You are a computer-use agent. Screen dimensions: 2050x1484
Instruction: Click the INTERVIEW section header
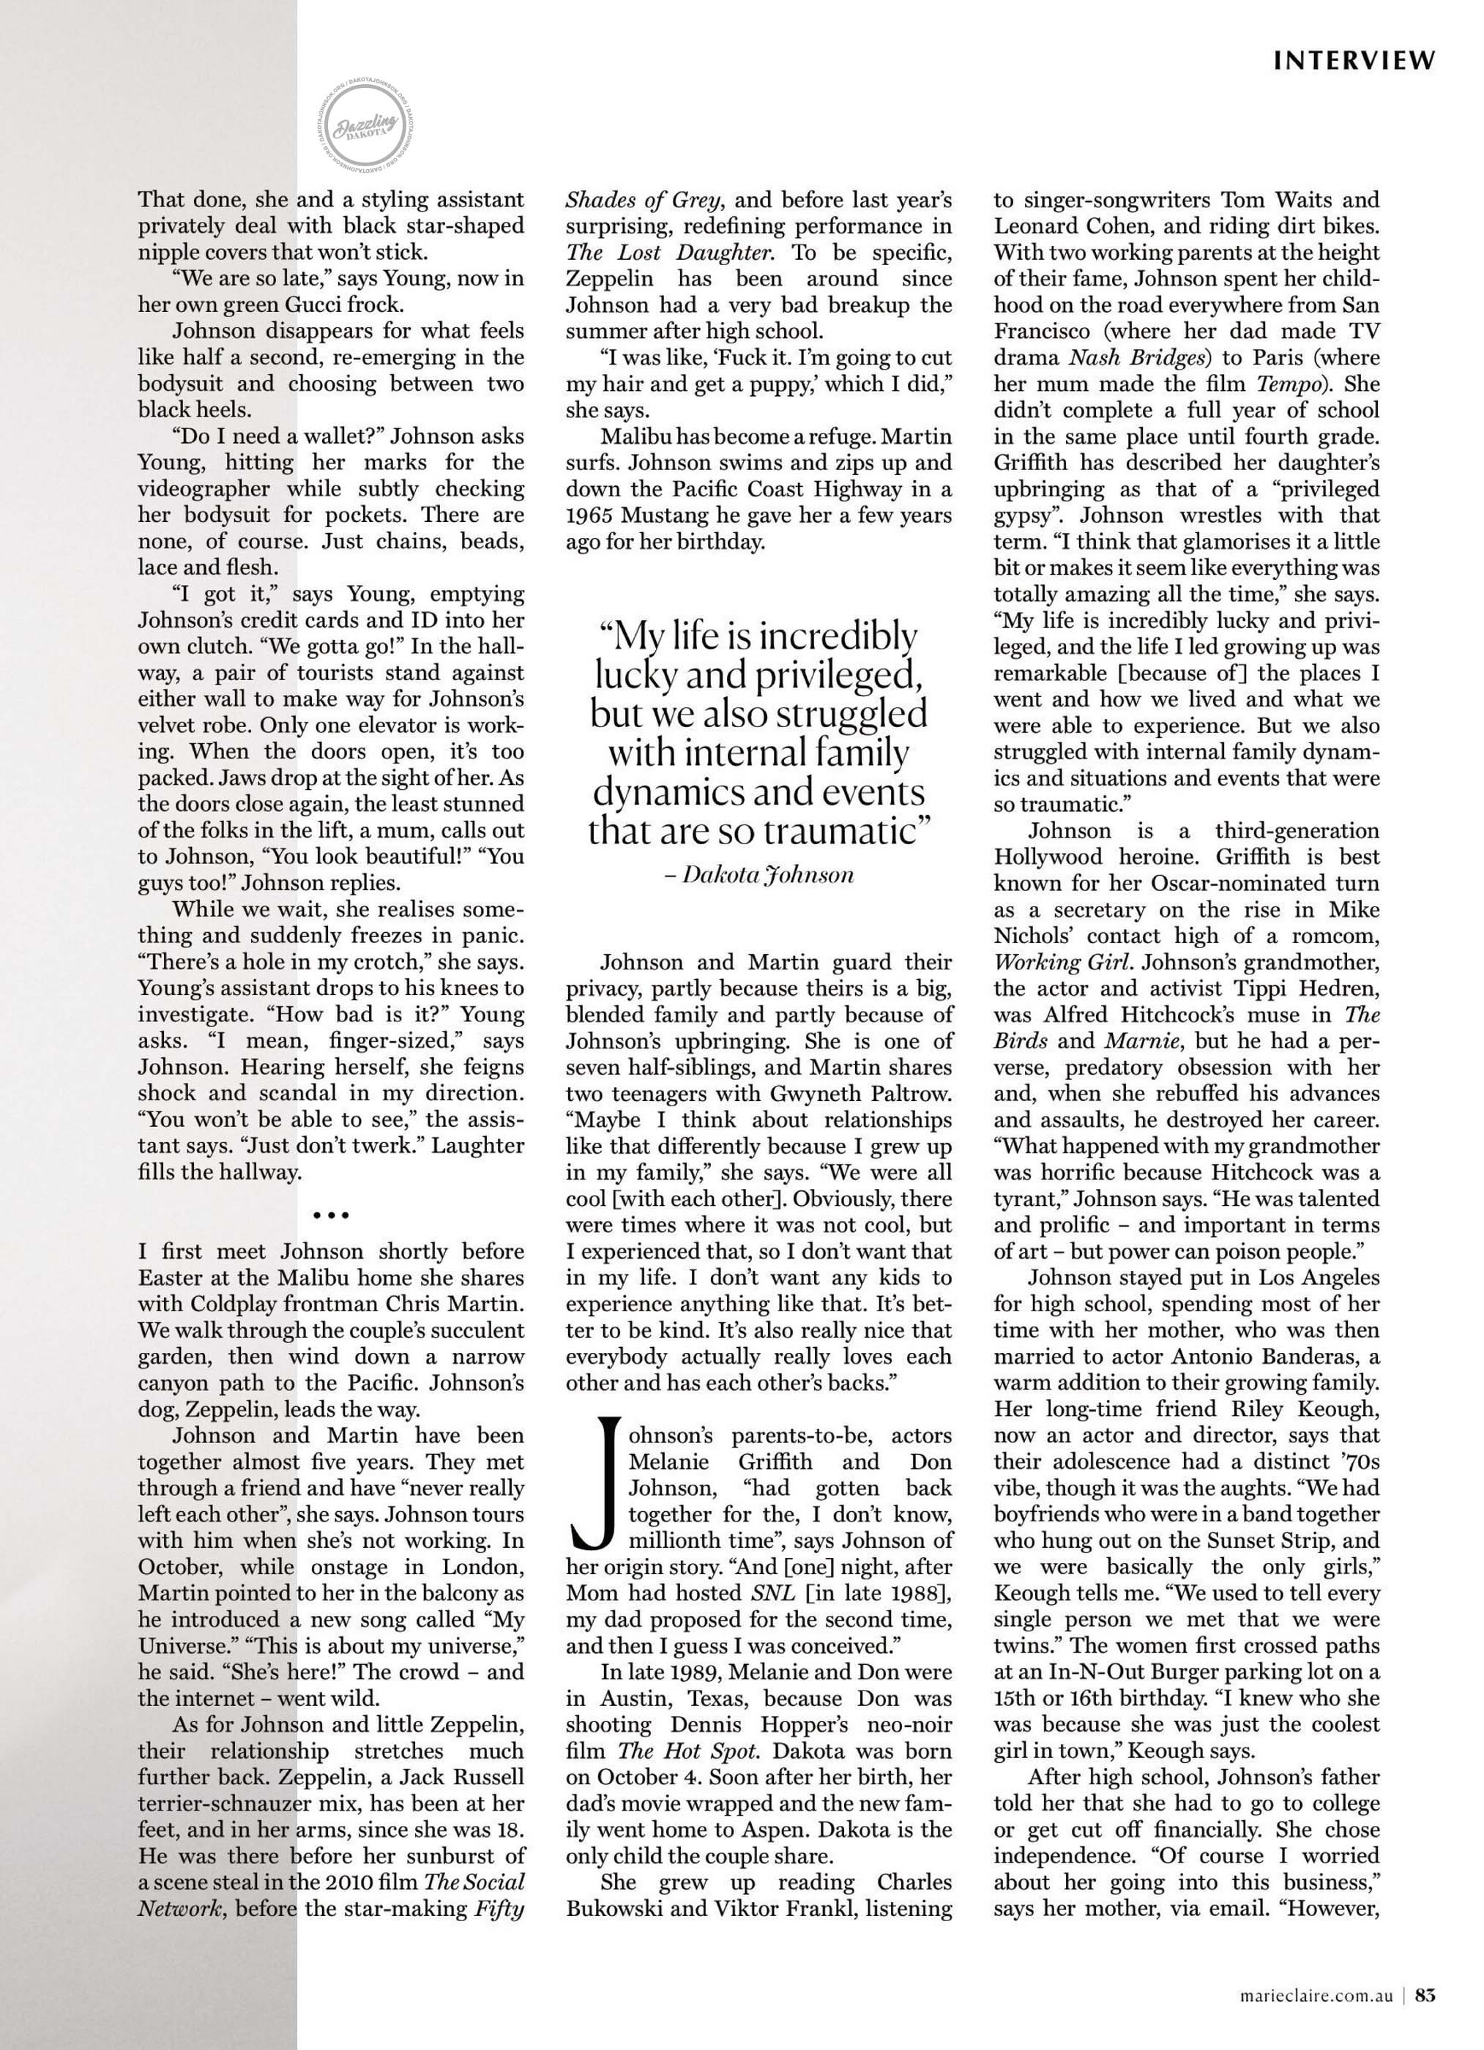pyautogui.click(x=1354, y=61)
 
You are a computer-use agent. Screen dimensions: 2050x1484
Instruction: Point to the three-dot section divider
pyautogui.click(x=331, y=1215)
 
